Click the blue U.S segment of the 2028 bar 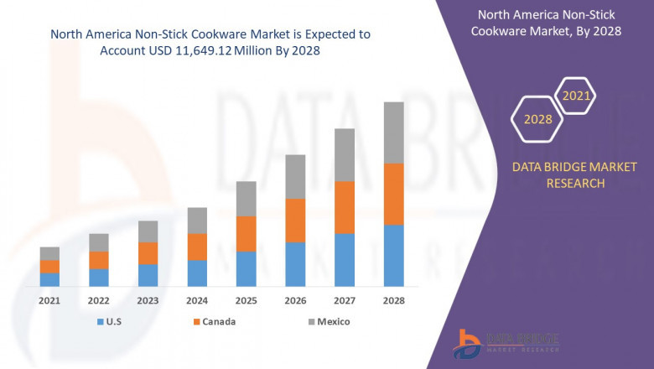coord(393,255)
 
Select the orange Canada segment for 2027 coord(344,207)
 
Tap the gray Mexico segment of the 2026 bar coord(295,176)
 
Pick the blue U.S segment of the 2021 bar coord(49,279)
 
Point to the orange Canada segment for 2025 coord(246,233)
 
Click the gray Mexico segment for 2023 coord(148,231)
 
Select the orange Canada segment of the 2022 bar coord(99,260)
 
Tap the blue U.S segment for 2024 coord(197,273)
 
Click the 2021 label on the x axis coord(49,300)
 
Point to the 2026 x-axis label coord(295,300)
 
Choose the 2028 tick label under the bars coord(393,300)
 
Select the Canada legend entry coord(213,321)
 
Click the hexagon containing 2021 coord(576,96)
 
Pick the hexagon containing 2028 coord(537,119)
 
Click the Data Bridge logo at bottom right coord(503,341)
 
